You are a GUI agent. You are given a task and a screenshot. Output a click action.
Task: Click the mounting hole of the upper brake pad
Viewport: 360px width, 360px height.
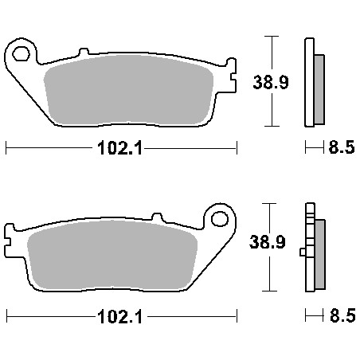(x=21, y=53)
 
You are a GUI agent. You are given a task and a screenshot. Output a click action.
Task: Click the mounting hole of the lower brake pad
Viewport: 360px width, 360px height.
(x=220, y=219)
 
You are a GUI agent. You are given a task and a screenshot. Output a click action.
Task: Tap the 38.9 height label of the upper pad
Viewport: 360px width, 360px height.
(x=271, y=82)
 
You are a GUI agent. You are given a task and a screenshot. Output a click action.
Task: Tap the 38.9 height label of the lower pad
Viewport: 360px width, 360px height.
(x=268, y=242)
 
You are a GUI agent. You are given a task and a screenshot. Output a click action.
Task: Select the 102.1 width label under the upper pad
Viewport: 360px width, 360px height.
(x=120, y=148)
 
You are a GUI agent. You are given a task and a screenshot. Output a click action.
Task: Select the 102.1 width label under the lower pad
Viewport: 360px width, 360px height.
(x=120, y=317)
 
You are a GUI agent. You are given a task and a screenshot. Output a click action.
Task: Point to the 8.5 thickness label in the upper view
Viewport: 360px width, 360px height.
(x=342, y=147)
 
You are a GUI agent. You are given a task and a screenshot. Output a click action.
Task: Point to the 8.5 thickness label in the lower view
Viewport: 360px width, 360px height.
(x=342, y=315)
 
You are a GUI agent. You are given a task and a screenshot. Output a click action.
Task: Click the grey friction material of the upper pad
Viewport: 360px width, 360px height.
(x=129, y=90)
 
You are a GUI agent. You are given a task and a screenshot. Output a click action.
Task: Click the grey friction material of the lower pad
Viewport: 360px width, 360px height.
(x=112, y=255)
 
